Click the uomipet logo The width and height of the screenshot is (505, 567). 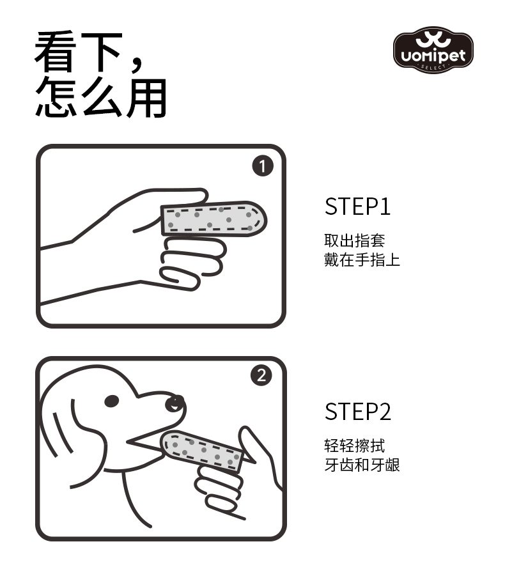click(x=433, y=50)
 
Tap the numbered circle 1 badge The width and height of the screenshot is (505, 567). click(x=263, y=166)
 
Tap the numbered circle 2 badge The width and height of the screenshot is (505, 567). click(x=261, y=375)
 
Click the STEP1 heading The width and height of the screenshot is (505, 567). click(x=357, y=206)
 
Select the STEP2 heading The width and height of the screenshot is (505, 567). click(x=357, y=412)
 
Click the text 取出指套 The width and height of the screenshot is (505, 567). click(x=355, y=240)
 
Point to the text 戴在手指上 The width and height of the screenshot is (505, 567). click(x=362, y=260)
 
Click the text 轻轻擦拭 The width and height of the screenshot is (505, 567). click(x=355, y=446)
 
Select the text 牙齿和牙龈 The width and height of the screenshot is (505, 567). click(x=362, y=465)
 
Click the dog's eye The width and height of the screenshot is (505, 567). click(x=111, y=401)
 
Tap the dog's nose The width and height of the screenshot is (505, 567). click(x=175, y=403)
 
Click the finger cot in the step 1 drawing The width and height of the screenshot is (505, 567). click(x=214, y=219)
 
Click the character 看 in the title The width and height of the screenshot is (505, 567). click(x=56, y=52)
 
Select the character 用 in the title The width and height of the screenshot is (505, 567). click(x=146, y=98)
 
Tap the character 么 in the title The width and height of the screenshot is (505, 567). click(x=102, y=98)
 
